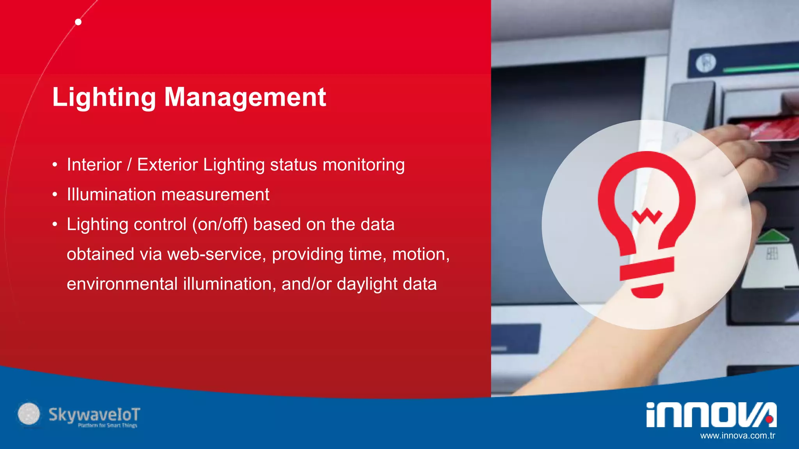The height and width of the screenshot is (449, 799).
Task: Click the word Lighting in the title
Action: (x=104, y=97)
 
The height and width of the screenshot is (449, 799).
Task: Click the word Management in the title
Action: (x=245, y=97)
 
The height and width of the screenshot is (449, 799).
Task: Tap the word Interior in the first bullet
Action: (x=94, y=165)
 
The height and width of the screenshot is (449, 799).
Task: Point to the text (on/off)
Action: (x=220, y=225)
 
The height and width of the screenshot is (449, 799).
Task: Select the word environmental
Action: (x=122, y=284)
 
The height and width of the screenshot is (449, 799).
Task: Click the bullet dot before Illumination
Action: (x=55, y=194)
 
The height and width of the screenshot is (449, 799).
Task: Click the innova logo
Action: (x=711, y=415)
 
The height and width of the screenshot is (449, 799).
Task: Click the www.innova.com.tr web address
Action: (x=737, y=436)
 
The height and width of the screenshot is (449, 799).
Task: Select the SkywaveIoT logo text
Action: (x=94, y=415)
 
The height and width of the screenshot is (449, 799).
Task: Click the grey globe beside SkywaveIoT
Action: (x=29, y=414)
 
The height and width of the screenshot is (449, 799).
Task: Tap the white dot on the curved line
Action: (x=78, y=22)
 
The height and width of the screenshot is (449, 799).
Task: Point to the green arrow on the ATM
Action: (x=772, y=236)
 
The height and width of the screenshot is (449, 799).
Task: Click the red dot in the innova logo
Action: (x=769, y=419)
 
